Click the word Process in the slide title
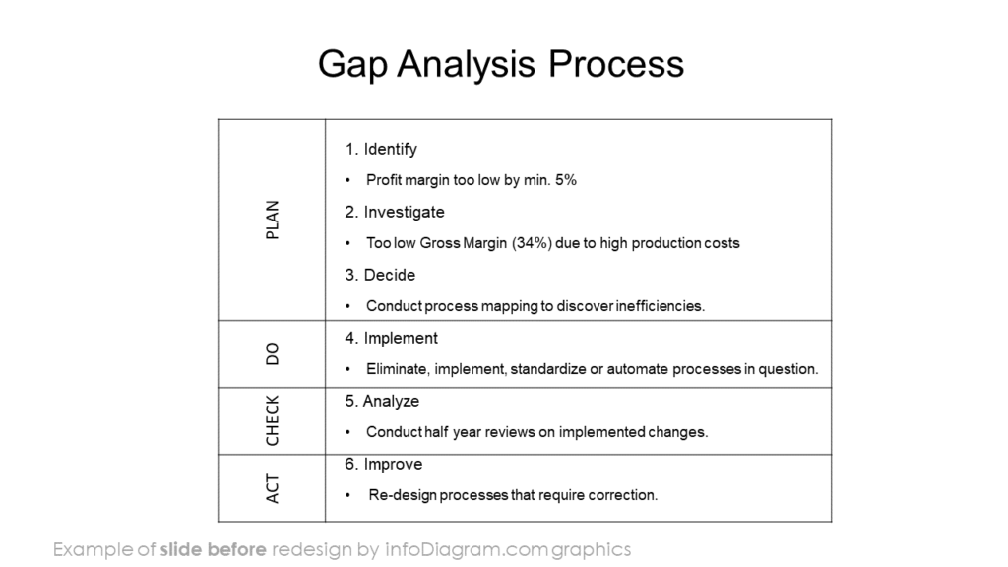coord(615,65)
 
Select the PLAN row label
coord(273,220)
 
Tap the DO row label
coord(273,353)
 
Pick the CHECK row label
coord(273,420)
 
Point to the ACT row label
coord(273,488)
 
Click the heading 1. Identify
coord(381,150)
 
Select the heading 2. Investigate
coord(395,213)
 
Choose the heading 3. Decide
coord(380,275)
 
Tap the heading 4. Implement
coord(392,338)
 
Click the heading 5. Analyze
coord(382,401)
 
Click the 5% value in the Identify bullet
coord(565,180)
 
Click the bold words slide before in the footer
coord(213,549)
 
